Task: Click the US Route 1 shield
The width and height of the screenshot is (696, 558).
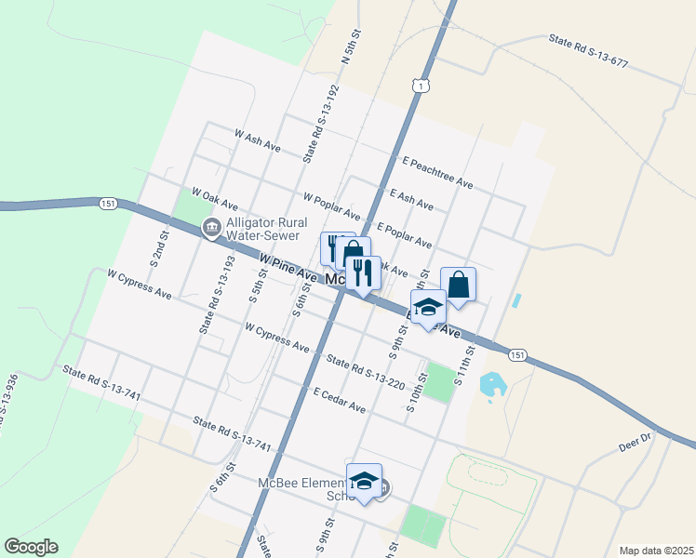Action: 422,86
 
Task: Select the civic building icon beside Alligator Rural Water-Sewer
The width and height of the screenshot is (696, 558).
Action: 211,226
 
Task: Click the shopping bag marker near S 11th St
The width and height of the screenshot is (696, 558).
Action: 458,285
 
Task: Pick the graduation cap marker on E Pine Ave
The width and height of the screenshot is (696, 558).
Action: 428,307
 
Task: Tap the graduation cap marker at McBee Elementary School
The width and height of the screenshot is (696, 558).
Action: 364,481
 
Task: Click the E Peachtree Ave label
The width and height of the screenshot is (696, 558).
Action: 437,173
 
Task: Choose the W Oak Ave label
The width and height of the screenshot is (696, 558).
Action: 215,198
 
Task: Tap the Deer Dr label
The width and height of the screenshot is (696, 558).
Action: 637,441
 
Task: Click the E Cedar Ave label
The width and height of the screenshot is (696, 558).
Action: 339,402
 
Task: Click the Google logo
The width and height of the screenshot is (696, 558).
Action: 31,547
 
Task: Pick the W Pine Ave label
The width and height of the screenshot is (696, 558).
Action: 288,270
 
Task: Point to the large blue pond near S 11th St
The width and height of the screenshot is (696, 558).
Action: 489,383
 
